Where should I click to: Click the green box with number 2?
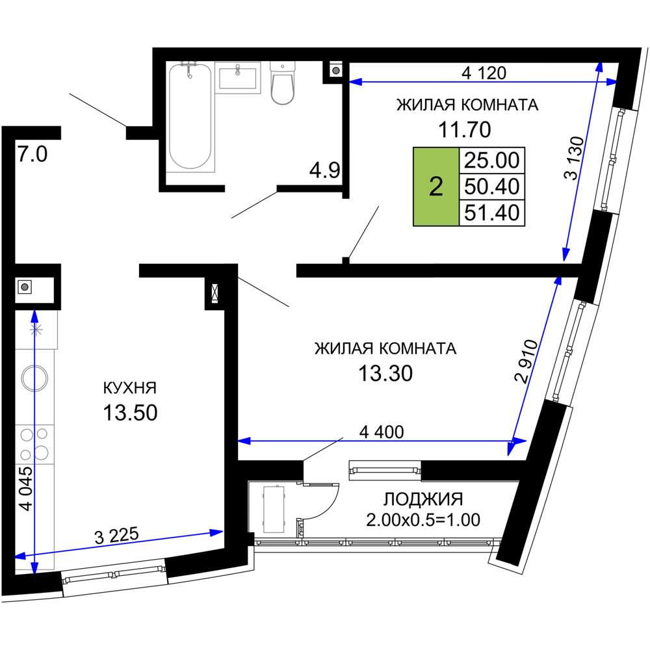pyautogui.click(x=436, y=187)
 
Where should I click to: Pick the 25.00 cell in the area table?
pyautogui.click(x=491, y=159)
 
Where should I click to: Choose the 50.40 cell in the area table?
pyautogui.click(x=491, y=187)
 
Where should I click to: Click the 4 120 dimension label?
pyautogui.click(x=483, y=72)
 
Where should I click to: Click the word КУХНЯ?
pyautogui.click(x=130, y=388)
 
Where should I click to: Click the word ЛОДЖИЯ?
pyautogui.click(x=423, y=499)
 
